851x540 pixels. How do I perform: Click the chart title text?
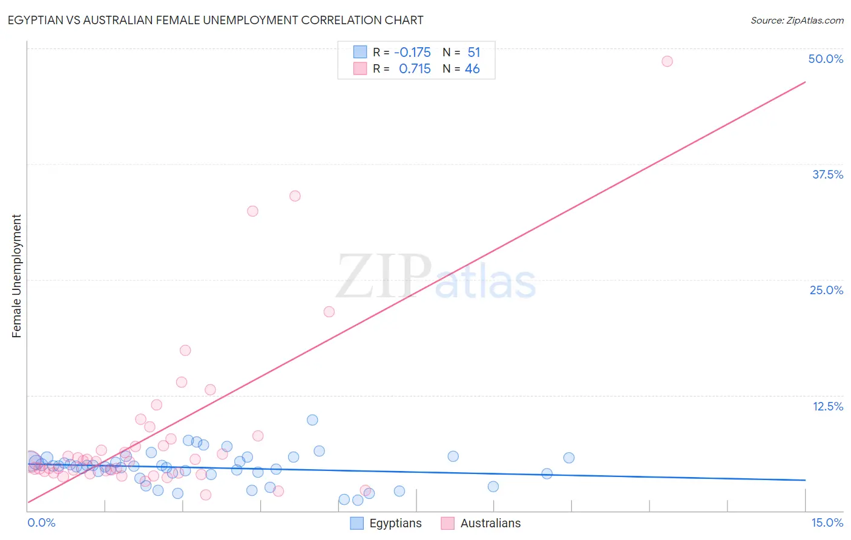(215, 20)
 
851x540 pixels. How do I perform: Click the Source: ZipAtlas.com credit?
(797, 20)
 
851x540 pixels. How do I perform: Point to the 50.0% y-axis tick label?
(826, 59)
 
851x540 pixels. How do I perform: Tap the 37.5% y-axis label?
(827, 174)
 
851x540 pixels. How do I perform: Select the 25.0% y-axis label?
(826, 290)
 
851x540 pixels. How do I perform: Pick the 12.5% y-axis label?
(827, 406)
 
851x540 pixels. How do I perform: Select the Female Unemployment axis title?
(16, 276)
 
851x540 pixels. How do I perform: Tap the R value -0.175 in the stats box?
(412, 53)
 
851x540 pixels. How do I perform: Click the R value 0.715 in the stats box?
(415, 69)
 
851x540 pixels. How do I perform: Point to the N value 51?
(473, 53)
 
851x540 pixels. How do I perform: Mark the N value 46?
(472, 69)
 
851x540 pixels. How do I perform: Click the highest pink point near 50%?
(667, 61)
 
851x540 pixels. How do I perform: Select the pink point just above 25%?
(329, 312)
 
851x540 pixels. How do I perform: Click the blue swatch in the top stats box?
(360, 52)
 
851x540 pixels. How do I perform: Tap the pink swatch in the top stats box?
(360, 68)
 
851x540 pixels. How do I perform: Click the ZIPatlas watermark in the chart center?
(436, 277)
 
